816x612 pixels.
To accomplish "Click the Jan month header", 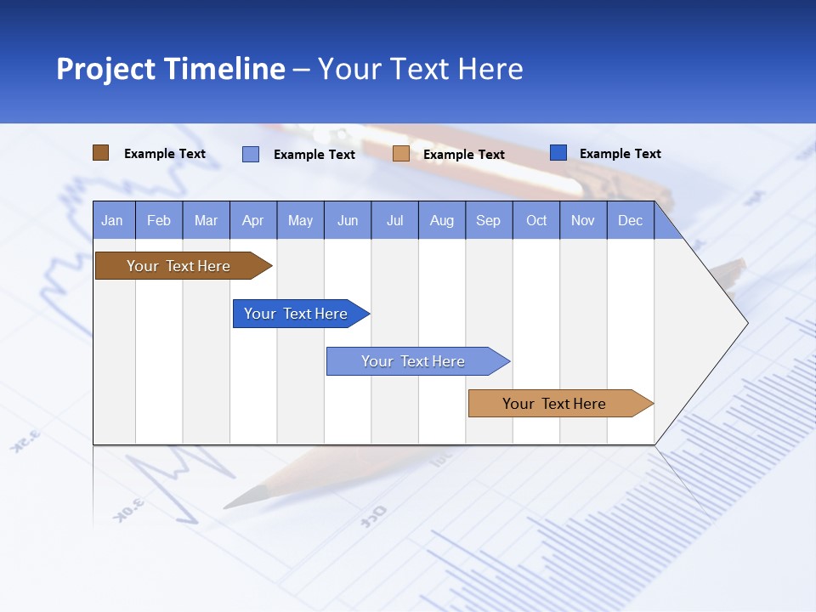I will tap(113, 220).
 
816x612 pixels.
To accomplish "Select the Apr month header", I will tap(253, 220).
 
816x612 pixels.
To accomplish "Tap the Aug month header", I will tap(442, 220).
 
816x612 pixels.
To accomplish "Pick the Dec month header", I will tap(631, 220).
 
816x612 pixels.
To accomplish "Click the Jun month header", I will tap(348, 220).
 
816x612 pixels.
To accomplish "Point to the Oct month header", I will tap(536, 220).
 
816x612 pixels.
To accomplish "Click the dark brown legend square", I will tap(100, 153).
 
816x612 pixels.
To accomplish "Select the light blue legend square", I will tap(251, 154).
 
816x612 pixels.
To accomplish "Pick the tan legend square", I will tap(401, 154).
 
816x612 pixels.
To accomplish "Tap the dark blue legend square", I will tap(558, 153).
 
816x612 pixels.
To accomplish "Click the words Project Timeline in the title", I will tap(170, 69).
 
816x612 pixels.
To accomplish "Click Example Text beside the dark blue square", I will tap(620, 154).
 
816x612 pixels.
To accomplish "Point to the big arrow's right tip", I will tap(745, 322).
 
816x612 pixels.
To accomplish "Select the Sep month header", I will tap(489, 220).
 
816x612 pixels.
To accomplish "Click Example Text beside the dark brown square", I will tap(165, 154).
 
